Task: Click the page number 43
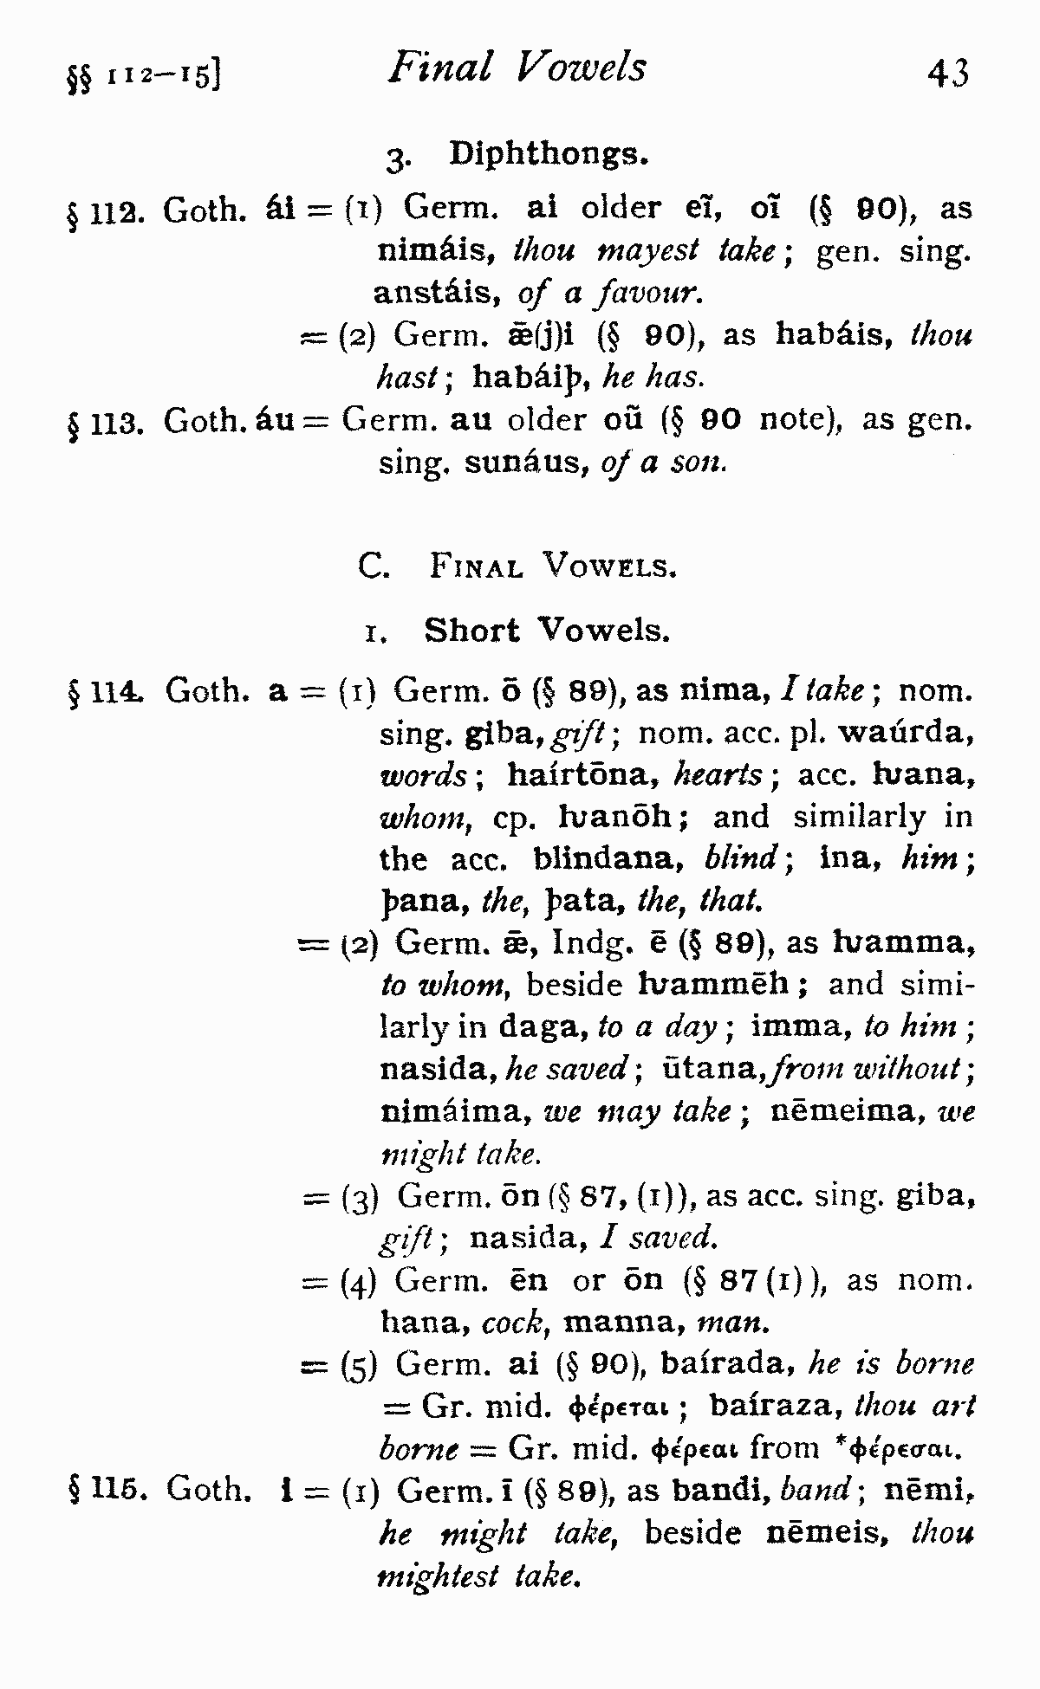(946, 72)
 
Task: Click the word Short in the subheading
(471, 630)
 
